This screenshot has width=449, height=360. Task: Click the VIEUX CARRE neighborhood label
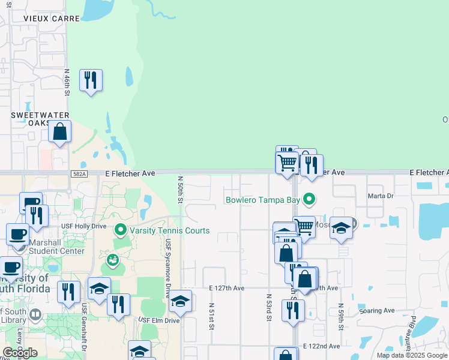point(52,19)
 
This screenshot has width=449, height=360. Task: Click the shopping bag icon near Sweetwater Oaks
point(60,131)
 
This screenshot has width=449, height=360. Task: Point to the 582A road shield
point(78,174)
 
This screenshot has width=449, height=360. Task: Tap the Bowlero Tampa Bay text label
point(262,200)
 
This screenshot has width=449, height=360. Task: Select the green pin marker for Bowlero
point(309,198)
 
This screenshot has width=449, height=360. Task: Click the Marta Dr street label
point(381,196)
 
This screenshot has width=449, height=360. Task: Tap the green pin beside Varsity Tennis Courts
point(121,230)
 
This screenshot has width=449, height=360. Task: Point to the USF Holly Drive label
point(83,226)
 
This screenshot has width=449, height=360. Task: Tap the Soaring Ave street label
point(376,311)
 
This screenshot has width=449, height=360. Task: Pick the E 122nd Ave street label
point(321,347)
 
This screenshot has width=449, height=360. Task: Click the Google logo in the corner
point(20,353)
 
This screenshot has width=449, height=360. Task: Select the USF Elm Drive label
point(159,320)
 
